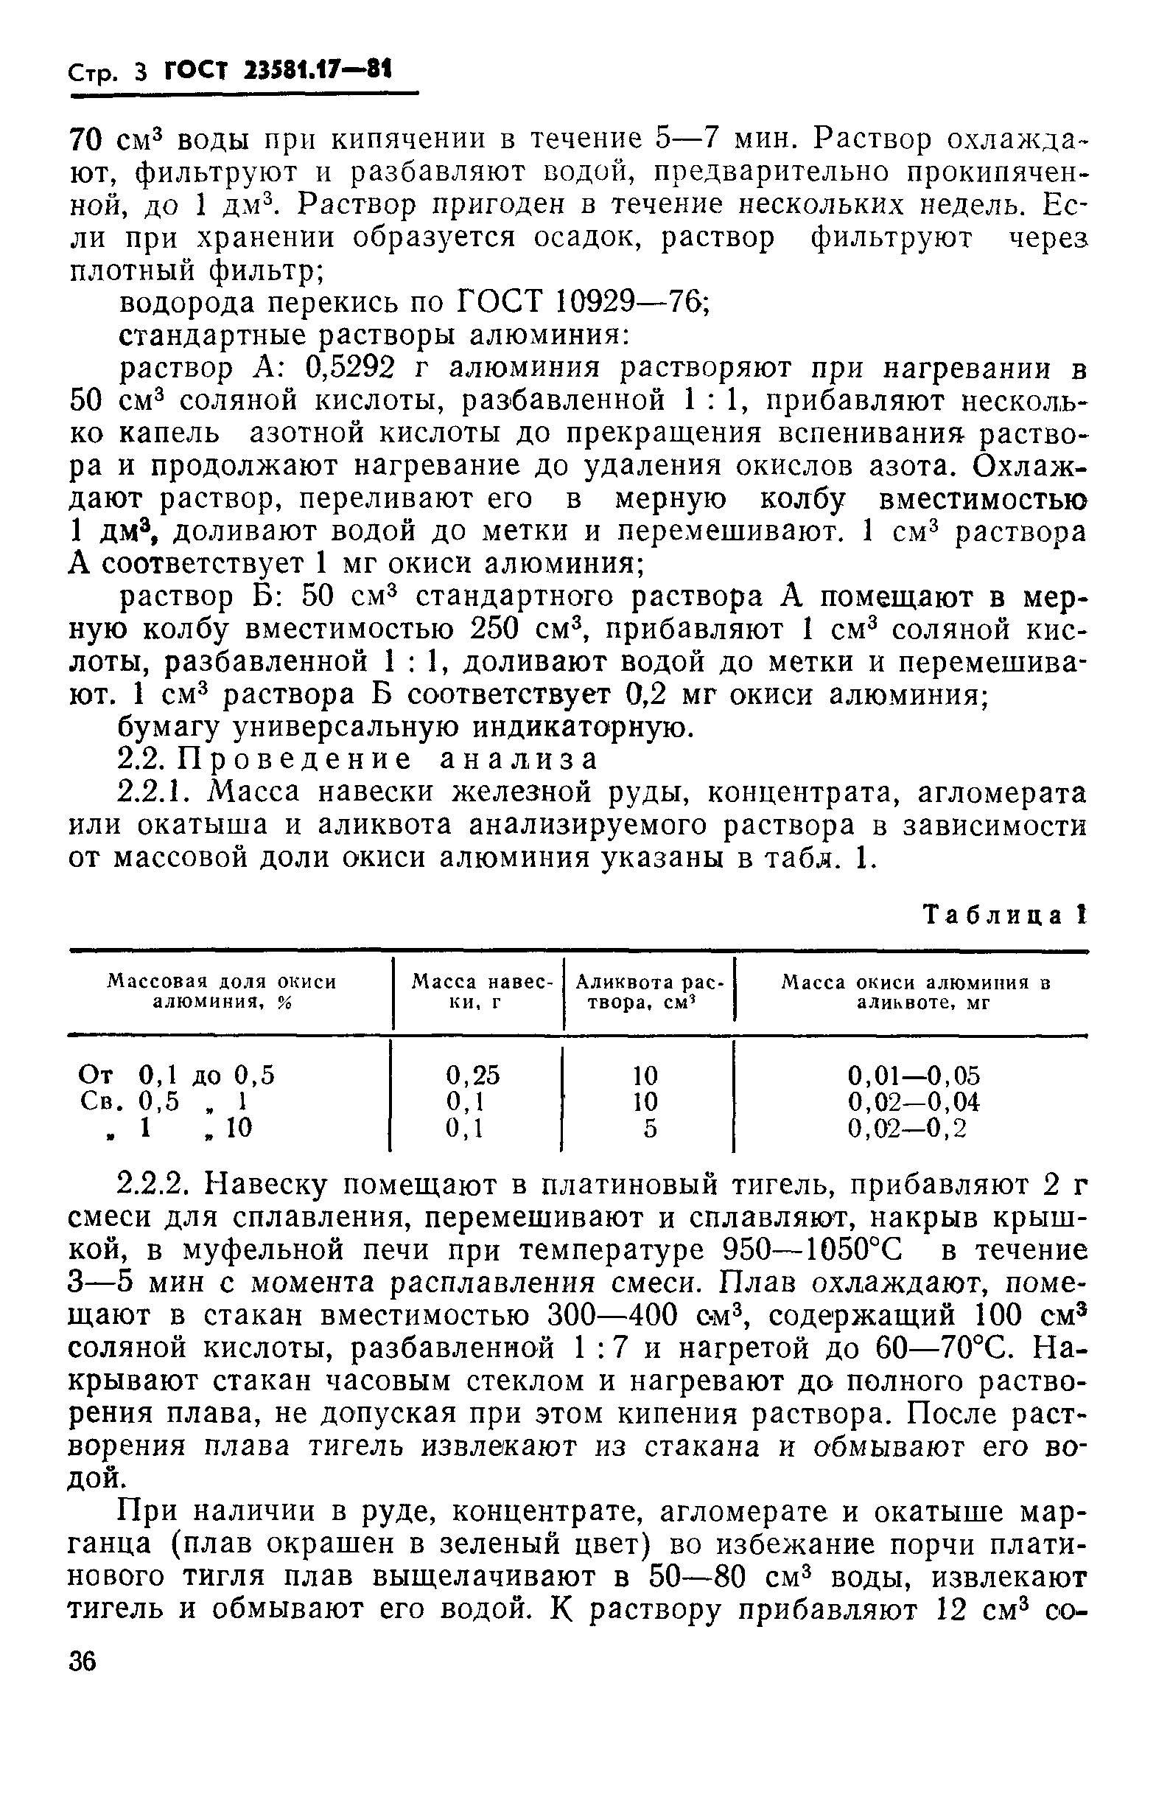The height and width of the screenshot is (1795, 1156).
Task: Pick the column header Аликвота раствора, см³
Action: coord(647,991)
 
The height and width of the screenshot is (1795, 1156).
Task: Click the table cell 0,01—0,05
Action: coord(913,1076)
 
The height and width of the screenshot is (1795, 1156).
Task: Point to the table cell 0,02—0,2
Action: coord(906,1128)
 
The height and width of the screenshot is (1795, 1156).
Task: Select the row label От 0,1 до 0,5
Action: coord(177,1076)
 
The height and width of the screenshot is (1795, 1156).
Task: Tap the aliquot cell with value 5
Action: coord(650,1128)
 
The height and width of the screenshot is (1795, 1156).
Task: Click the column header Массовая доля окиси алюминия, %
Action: coord(223,991)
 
